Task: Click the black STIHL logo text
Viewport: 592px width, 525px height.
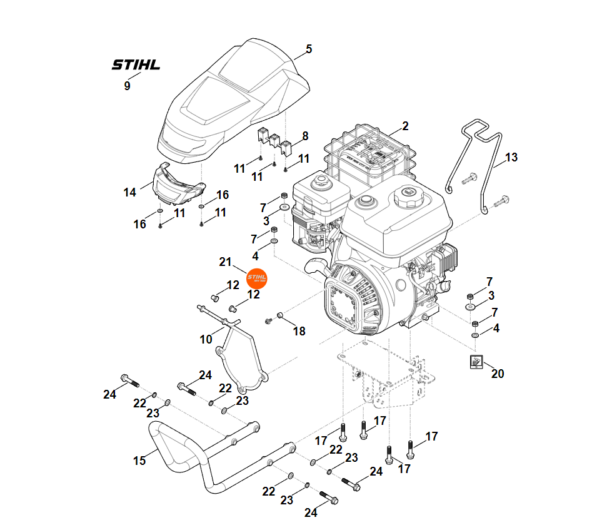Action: pyautogui.click(x=136, y=64)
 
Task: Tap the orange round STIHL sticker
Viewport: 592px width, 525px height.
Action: pyautogui.click(x=257, y=277)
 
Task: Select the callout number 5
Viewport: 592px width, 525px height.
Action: pyautogui.click(x=308, y=49)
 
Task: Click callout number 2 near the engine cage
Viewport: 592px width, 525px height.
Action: pyautogui.click(x=405, y=126)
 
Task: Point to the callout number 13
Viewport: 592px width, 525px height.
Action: pyautogui.click(x=511, y=158)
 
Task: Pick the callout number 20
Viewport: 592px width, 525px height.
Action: pyautogui.click(x=498, y=374)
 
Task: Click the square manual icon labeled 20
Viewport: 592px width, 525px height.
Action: pyautogui.click(x=476, y=362)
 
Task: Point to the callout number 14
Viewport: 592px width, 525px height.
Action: pyautogui.click(x=129, y=193)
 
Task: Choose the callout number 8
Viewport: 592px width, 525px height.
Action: pyautogui.click(x=305, y=136)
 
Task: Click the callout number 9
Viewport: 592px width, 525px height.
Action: pyautogui.click(x=128, y=86)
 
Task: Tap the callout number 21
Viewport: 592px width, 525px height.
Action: pyautogui.click(x=225, y=261)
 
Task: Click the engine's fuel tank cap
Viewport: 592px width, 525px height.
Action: pyautogui.click(x=408, y=199)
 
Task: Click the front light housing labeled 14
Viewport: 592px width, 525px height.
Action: pyautogui.click(x=179, y=183)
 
